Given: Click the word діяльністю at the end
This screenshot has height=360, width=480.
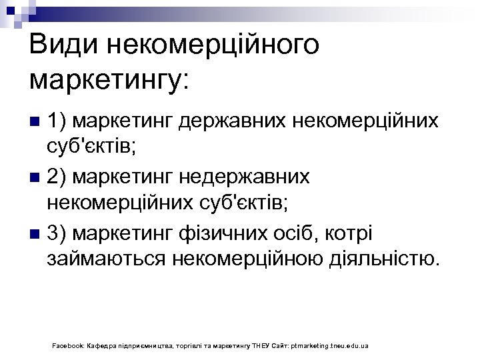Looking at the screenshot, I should [385, 257].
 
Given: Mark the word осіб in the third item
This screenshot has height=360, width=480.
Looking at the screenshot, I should [297, 234].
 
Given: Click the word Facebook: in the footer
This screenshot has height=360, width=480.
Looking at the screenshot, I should [67, 347].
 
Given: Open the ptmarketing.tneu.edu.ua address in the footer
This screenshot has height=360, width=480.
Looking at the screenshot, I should [330, 347].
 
